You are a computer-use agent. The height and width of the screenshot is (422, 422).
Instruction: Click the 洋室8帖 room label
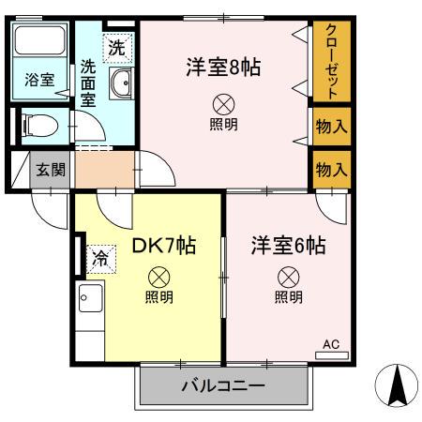coord(222,67)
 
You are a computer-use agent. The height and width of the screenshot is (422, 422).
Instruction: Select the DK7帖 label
coord(163,246)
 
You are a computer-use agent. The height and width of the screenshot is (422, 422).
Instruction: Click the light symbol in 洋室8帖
coord(223,104)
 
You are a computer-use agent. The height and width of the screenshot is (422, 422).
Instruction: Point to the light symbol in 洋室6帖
coord(288,277)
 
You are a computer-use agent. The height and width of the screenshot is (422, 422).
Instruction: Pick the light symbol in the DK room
coord(158,277)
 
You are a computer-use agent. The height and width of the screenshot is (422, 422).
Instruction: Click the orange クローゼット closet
coord(330,60)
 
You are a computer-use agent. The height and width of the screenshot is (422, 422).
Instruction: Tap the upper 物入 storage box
coord(330,126)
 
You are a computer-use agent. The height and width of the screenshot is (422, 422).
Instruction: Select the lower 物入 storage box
coord(330,169)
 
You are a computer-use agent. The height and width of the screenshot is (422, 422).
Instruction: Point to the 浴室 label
coord(39,81)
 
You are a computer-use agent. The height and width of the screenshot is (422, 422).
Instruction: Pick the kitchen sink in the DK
coord(90,301)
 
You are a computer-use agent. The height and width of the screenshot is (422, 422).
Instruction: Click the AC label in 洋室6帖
coord(331,345)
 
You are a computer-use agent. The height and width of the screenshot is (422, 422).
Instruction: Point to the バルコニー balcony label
coord(222,385)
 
